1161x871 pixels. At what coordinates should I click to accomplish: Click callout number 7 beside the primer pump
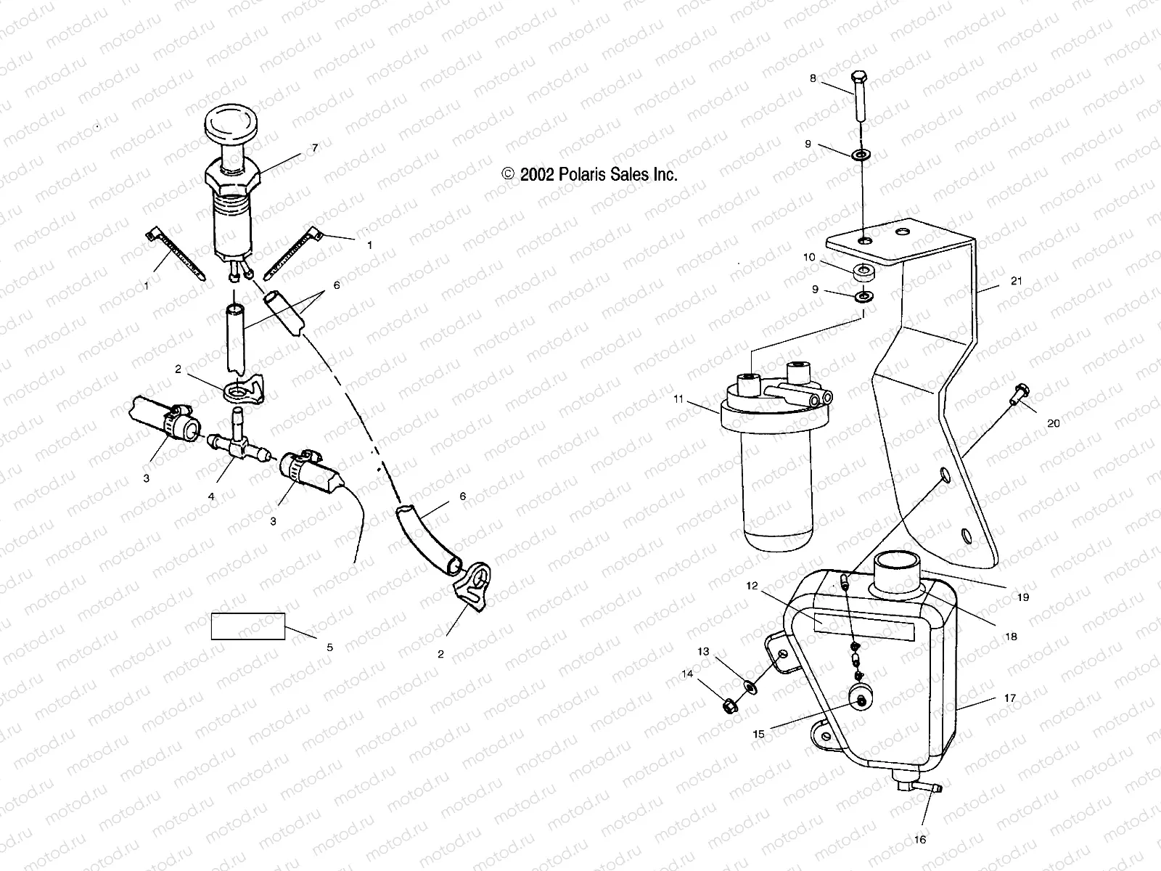pos(314,148)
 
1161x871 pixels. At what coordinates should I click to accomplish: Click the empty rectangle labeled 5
pos(248,626)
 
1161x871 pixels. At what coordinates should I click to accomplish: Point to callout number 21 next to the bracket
pos(1015,281)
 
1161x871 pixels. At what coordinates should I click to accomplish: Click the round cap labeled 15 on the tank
pos(860,699)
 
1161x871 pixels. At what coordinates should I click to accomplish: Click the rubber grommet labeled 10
pos(864,274)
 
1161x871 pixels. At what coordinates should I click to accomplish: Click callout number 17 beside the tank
pos(1009,698)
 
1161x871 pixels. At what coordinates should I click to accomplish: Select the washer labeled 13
pos(749,684)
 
